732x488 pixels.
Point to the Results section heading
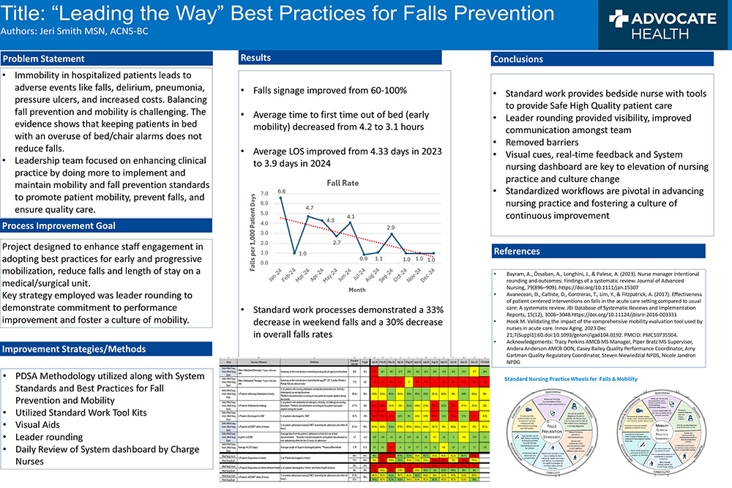pyautogui.click(x=256, y=57)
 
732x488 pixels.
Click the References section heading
pyautogui.click(x=517, y=251)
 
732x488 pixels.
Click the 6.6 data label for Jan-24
pyautogui.click(x=281, y=192)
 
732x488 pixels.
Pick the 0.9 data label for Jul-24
pyautogui.click(x=364, y=259)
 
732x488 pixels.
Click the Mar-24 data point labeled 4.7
pyautogui.click(x=308, y=217)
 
